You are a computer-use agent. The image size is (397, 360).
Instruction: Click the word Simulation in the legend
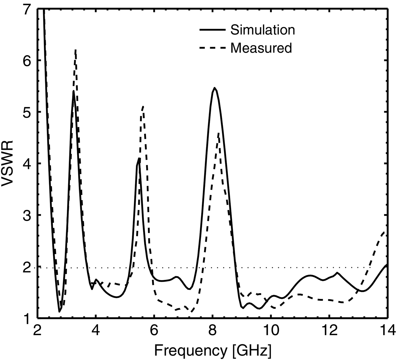(x=263, y=30)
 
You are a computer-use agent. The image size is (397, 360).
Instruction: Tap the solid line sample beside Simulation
(x=212, y=30)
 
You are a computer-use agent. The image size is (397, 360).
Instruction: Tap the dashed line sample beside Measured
(x=212, y=48)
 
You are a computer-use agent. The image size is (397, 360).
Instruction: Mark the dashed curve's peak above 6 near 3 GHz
(x=76, y=50)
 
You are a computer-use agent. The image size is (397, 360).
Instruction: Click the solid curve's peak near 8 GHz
(x=214, y=88)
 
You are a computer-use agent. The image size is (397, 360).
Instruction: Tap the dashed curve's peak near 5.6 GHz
(x=143, y=107)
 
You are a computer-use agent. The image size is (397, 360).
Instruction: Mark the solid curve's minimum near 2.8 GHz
(x=59, y=312)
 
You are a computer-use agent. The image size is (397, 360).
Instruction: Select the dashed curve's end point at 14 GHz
(x=385, y=232)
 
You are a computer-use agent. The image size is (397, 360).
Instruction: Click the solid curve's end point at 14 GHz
(x=387, y=265)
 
